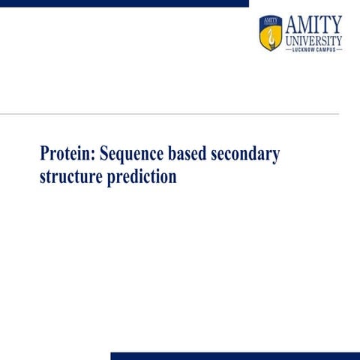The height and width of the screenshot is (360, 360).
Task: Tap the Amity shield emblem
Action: [x=270, y=34]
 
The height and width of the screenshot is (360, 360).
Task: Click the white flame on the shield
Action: [x=270, y=37]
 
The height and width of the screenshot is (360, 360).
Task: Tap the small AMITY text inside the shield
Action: [x=270, y=20]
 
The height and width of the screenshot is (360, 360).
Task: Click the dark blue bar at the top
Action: [x=124, y=3]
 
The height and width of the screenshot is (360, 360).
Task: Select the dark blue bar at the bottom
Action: [x=235, y=355]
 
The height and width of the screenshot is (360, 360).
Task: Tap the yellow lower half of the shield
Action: [x=270, y=43]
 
